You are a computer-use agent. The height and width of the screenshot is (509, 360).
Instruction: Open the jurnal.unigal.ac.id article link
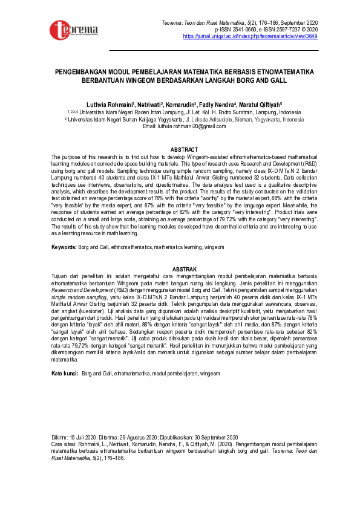pyautogui.click(x=250, y=36)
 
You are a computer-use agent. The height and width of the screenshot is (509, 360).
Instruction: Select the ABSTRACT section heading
pyautogui.click(x=184, y=149)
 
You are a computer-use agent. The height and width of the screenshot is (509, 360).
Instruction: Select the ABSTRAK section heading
pyautogui.click(x=184, y=268)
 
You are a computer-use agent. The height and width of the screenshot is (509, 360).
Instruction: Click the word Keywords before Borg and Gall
pyautogui.click(x=64, y=248)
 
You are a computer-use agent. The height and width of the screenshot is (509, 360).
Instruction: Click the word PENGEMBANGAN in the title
pyautogui.click(x=91, y=71)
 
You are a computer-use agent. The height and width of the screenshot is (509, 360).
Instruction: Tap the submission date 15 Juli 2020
pyautogui.click(x=82, y=437)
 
